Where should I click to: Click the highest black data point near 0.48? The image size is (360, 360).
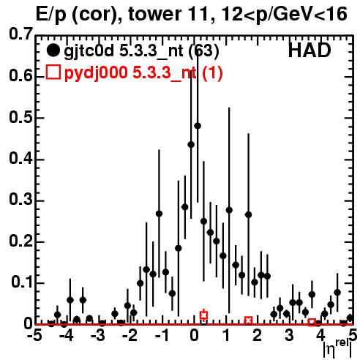[198, 126]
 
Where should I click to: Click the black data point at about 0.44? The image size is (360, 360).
[191, 144]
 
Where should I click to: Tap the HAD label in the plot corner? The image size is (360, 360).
[310, 50]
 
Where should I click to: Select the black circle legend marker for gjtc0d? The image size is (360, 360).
[53, 50]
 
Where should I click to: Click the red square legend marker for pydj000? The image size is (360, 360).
[53, 72]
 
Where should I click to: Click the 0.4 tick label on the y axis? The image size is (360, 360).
[20, 159]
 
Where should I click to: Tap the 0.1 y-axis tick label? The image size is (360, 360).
[21, 282]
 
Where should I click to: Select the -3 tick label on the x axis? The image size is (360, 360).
[98, 336]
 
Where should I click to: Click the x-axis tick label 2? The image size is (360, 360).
[257, 336]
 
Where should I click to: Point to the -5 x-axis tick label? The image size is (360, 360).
[35, 336]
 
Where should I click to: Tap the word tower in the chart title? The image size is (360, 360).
[154, 14]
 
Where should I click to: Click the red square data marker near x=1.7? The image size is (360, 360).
[248, 320]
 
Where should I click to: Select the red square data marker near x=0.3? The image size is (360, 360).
[203, 315]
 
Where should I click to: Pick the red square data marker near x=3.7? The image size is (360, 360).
[312, 322]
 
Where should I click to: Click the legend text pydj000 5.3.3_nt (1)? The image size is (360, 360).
[143, 72]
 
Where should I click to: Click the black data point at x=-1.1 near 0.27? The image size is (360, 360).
[159, 214]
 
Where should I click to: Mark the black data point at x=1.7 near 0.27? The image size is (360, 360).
[248, 214]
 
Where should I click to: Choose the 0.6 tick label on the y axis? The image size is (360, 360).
[20, 75]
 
